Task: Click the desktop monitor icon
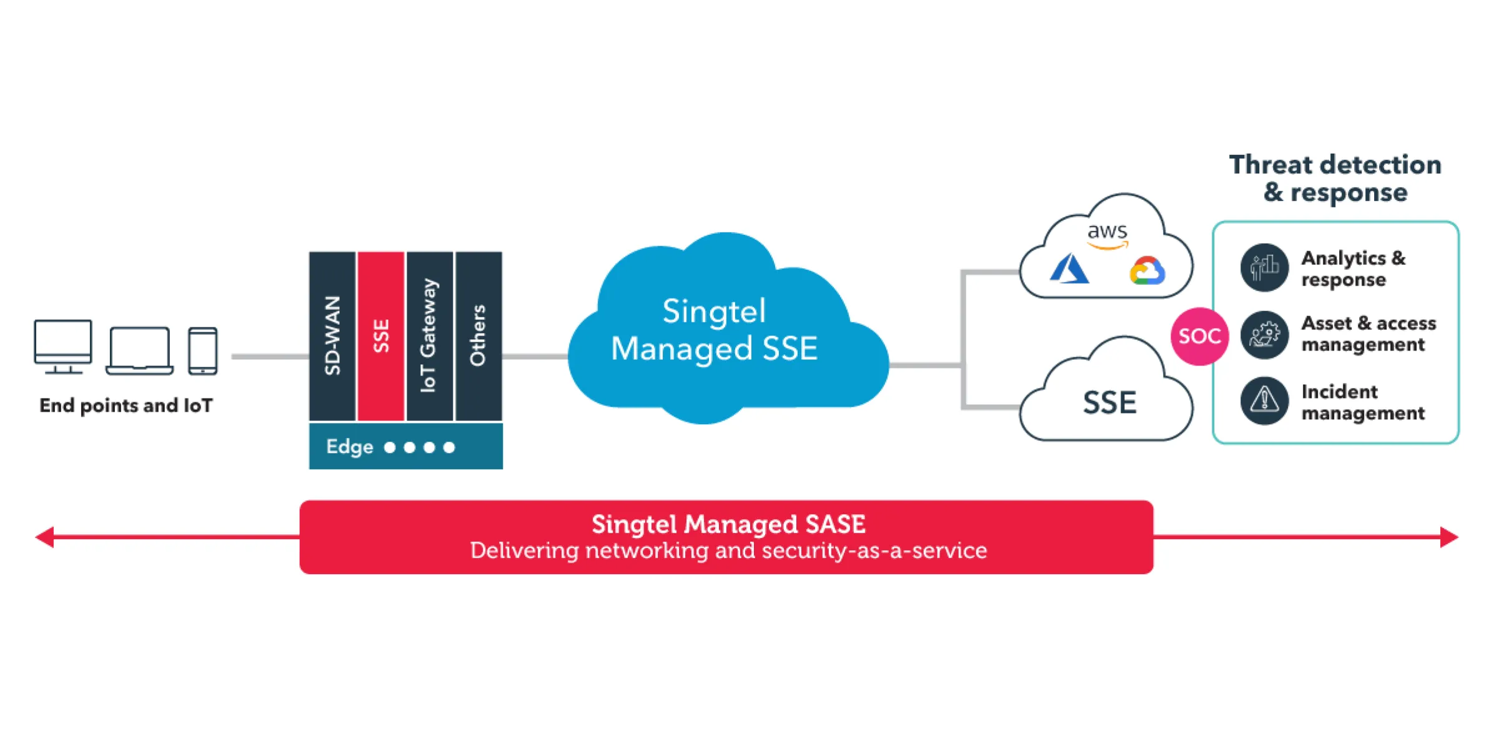click(x=62, y=346)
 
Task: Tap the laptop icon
click(x=139, y=350)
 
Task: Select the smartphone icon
click(x=203, y=350)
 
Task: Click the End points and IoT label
click(x=126, y=405)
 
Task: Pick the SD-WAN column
click(x=332, y=336)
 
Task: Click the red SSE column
click(x=381, y=336)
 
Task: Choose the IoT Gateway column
click(x=429, y=336)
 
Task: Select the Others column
click(x=478, y=336)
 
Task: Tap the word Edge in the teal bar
click(x=349, y=447)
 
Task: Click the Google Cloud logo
click(x=1147, y=272)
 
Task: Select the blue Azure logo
click(x=1069, y=269)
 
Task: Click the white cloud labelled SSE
click(x=1108, y=402)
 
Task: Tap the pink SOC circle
click(x=1199, y=336)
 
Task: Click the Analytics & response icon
click(x=1264, y=268)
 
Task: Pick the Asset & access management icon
click(x=1264, y=335)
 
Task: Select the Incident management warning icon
click(x=1264, y=400)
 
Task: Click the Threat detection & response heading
click(x=1335, y=178)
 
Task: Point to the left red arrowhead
click(x=45, y=537)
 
